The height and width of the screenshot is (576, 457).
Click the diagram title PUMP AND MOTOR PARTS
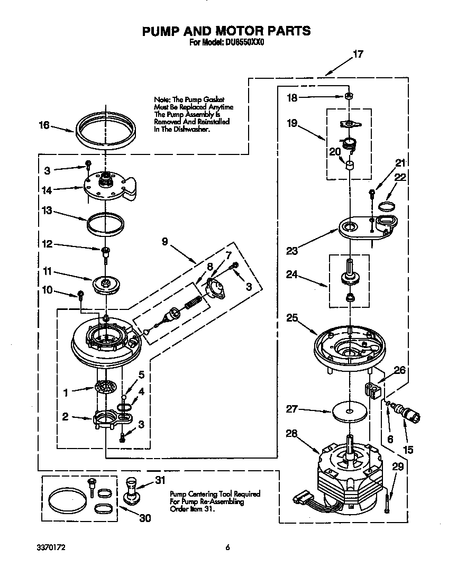[x=226, y=31]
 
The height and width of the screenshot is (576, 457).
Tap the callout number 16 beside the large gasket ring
[x=44, y=125]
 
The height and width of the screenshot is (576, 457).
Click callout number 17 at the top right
[x=358, y=54]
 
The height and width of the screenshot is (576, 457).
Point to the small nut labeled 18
[x=349, y=97]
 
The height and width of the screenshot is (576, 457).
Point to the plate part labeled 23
[x=368, y=226]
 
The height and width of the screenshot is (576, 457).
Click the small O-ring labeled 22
[x=387, y=206]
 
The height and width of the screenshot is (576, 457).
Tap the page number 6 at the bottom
[x=227, y=547]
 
